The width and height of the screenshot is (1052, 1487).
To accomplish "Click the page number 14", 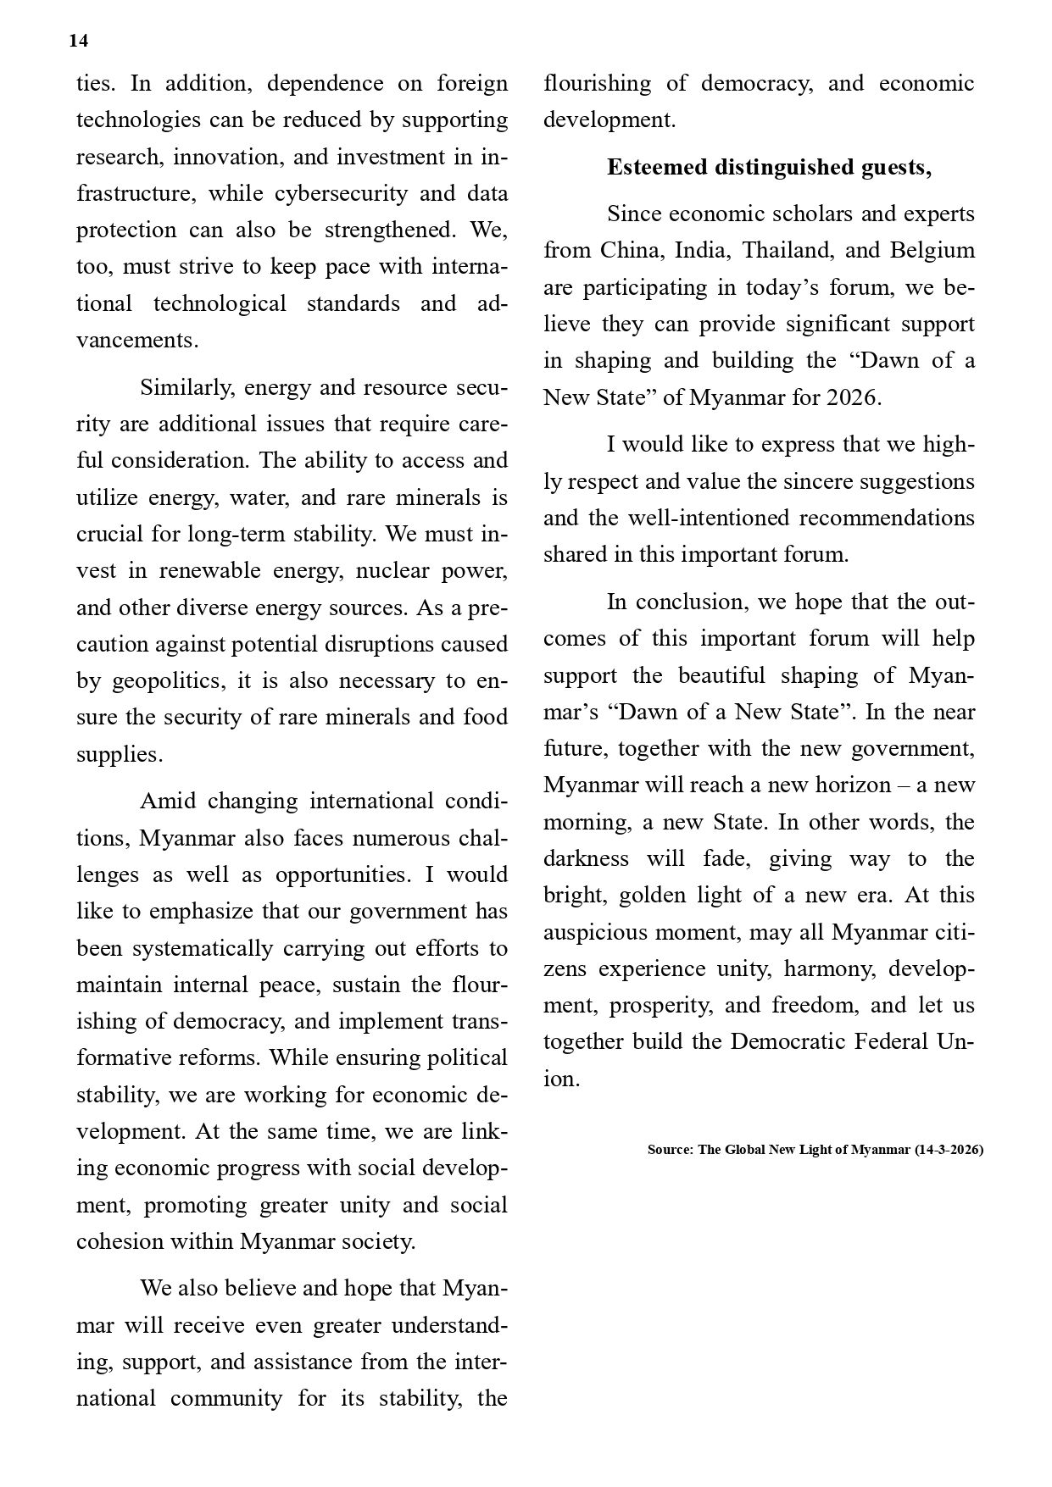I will point(79,42).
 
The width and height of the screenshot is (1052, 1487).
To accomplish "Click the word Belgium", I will point(932,251).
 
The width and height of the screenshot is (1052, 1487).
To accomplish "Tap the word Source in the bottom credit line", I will point(669,1150).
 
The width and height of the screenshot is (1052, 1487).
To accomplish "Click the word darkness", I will point(586,859).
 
